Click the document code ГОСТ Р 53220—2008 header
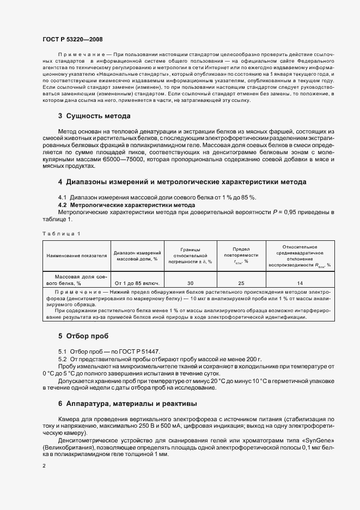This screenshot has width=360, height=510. click(72, 39)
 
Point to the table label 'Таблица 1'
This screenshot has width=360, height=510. click(61, 233)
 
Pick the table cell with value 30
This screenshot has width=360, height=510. click(191, 283)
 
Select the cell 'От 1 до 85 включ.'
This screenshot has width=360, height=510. click(137, 283)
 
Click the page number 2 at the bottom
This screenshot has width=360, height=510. click(44, 466)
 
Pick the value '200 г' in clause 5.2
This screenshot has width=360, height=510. click(254, 360)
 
